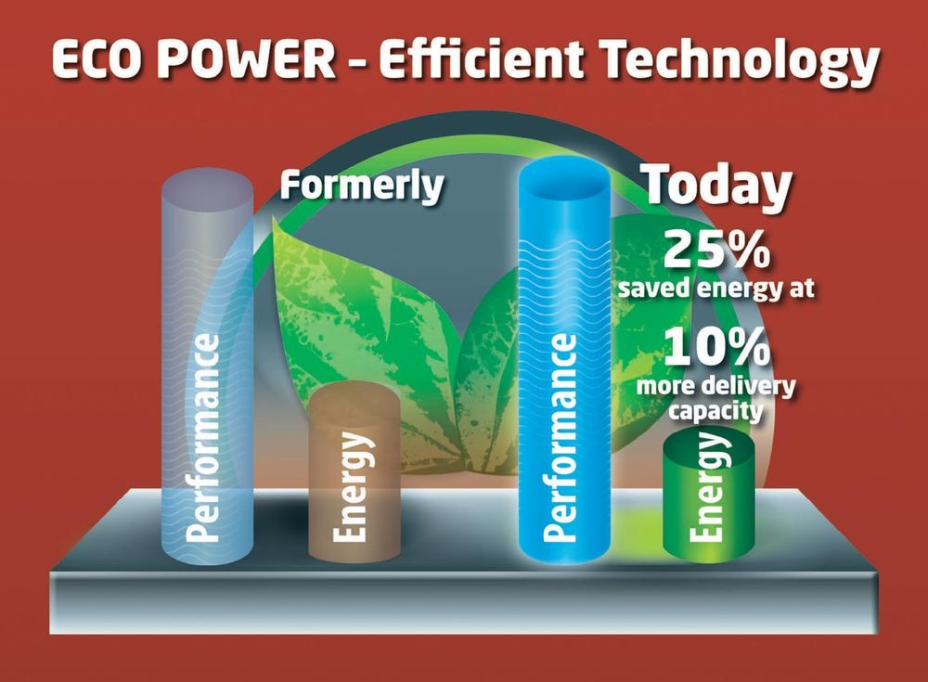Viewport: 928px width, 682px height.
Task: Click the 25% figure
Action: tap(716, 250)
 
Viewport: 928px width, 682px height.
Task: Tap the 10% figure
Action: tap(716, 347)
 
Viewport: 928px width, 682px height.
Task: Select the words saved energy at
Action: tap(716, 289)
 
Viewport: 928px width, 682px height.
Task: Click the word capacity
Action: tap(716, 411)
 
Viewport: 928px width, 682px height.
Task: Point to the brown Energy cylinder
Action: tap(354, 470)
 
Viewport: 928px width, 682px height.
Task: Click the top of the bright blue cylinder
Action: tap(564, 176)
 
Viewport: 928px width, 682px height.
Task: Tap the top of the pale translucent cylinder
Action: tap(207, 187)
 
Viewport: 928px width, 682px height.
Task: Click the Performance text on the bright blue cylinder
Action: tap(561, 437)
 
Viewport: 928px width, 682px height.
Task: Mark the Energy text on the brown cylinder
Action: tap(352, 486)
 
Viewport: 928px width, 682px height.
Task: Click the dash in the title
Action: tap(357, 63)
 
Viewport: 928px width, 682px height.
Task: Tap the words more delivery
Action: tap(716, 386)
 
